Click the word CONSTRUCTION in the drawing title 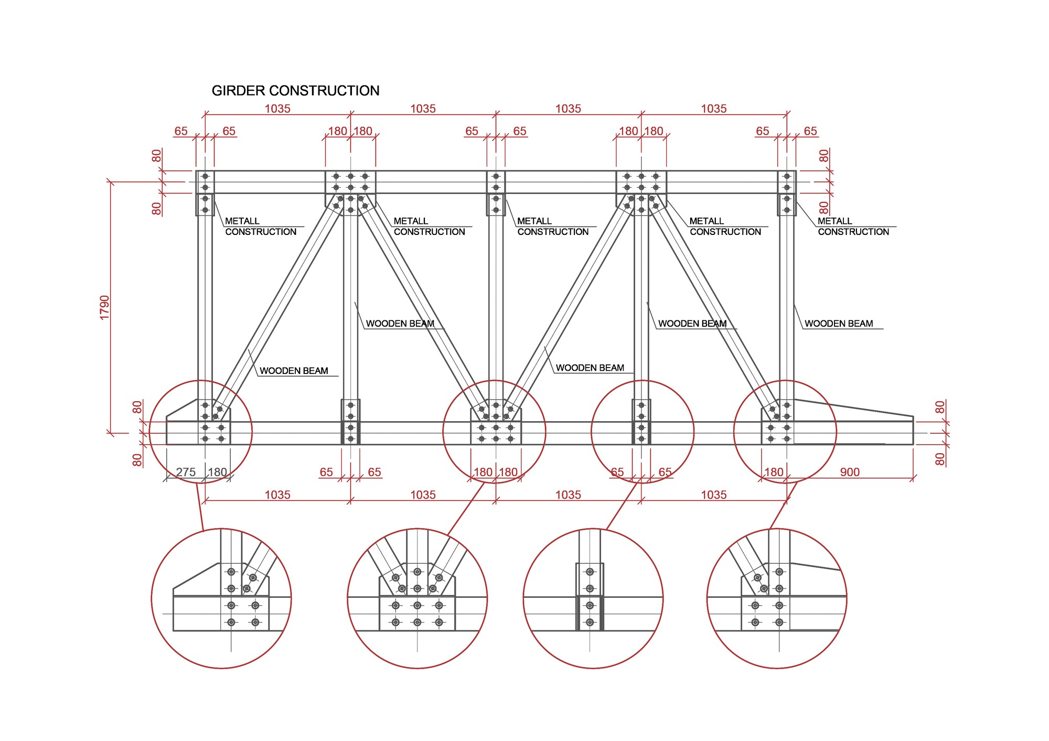(324, 91)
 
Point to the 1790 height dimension (104, 308)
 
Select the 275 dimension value (186, 472)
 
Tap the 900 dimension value (850, 472)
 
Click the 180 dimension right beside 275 (217, 472)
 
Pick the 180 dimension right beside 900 (774, 472)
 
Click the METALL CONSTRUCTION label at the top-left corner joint (260, 227)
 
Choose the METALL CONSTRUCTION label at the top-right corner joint (853, 227)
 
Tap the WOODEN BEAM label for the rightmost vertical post (838, 324)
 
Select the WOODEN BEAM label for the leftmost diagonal (294, 371)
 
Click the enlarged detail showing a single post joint (593, 598)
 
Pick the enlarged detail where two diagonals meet (417, 598)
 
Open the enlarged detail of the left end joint (221, 598)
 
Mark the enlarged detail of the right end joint (777, 598)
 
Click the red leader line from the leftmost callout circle (200, 506)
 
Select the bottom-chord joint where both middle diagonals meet (496, 425)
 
